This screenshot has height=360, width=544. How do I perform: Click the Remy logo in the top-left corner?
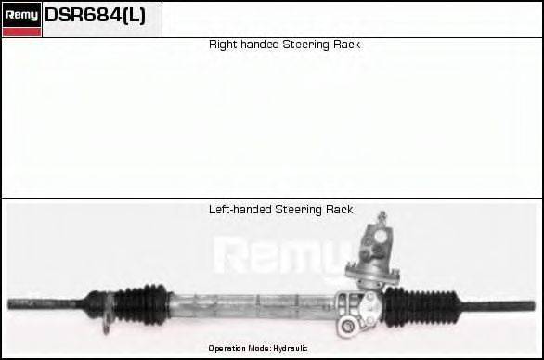click(x=21, y=14)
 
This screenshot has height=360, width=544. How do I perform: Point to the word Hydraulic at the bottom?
click(x=290, y=348)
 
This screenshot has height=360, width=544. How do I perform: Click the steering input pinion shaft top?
click(x=381, y=221)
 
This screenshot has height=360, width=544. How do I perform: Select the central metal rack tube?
click(x=251, y=302)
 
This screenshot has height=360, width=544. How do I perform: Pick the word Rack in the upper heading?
click(x=347, y=45)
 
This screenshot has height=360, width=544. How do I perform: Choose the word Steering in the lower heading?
click(x=299, y=210)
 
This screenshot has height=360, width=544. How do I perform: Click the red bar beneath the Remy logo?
click(x=21, y=32)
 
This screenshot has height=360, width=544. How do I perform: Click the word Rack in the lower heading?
click(x=340, y=210)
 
